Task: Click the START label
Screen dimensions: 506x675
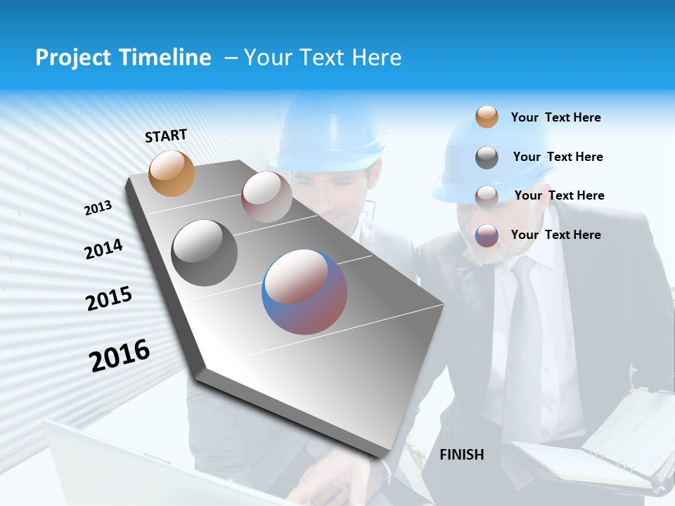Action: (166, 135)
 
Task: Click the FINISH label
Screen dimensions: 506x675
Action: (462, 455)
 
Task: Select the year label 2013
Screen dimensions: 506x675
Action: (98, 208)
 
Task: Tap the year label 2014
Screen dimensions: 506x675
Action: (103, 249)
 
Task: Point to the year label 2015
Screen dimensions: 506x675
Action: (109, 299)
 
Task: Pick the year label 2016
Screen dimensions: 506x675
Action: (120, 356)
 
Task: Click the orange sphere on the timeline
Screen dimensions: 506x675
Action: (172, 173)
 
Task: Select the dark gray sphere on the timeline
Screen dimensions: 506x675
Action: (205, 253)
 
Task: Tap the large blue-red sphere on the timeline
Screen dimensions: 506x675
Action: (304, 292)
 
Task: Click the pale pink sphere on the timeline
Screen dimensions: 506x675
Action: (266, 196)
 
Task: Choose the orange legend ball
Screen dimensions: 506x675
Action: (487, 117)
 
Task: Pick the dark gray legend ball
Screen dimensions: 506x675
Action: (487, 157)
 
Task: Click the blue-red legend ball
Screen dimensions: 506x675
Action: (487, 235)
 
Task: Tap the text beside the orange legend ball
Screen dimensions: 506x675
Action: (555, 117)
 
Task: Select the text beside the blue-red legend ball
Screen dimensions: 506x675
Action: (555, 235)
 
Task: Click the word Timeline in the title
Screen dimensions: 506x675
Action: (165, 58)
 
